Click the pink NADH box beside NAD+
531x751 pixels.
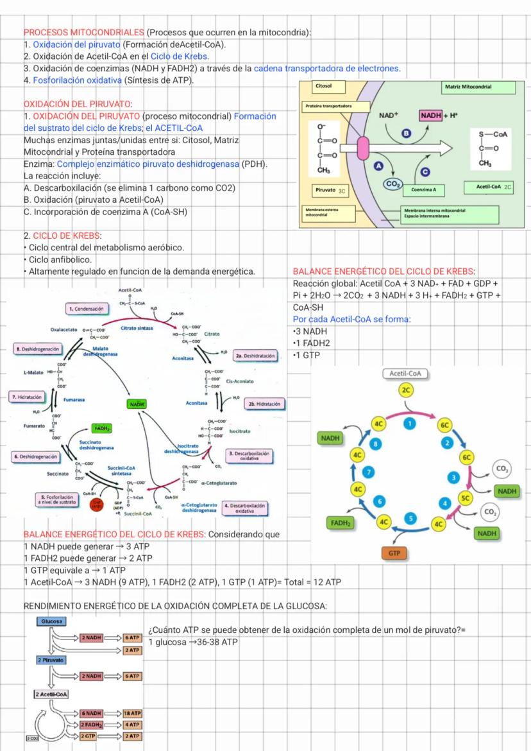[432, 115]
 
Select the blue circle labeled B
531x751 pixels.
[405, 133]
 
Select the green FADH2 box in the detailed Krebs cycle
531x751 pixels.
[103, 427]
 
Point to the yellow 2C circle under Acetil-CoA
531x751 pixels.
[405, 390]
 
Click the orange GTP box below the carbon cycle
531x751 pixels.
[394, 553]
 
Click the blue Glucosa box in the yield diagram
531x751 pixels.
[51, 621]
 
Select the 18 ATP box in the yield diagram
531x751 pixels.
[132, 713]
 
